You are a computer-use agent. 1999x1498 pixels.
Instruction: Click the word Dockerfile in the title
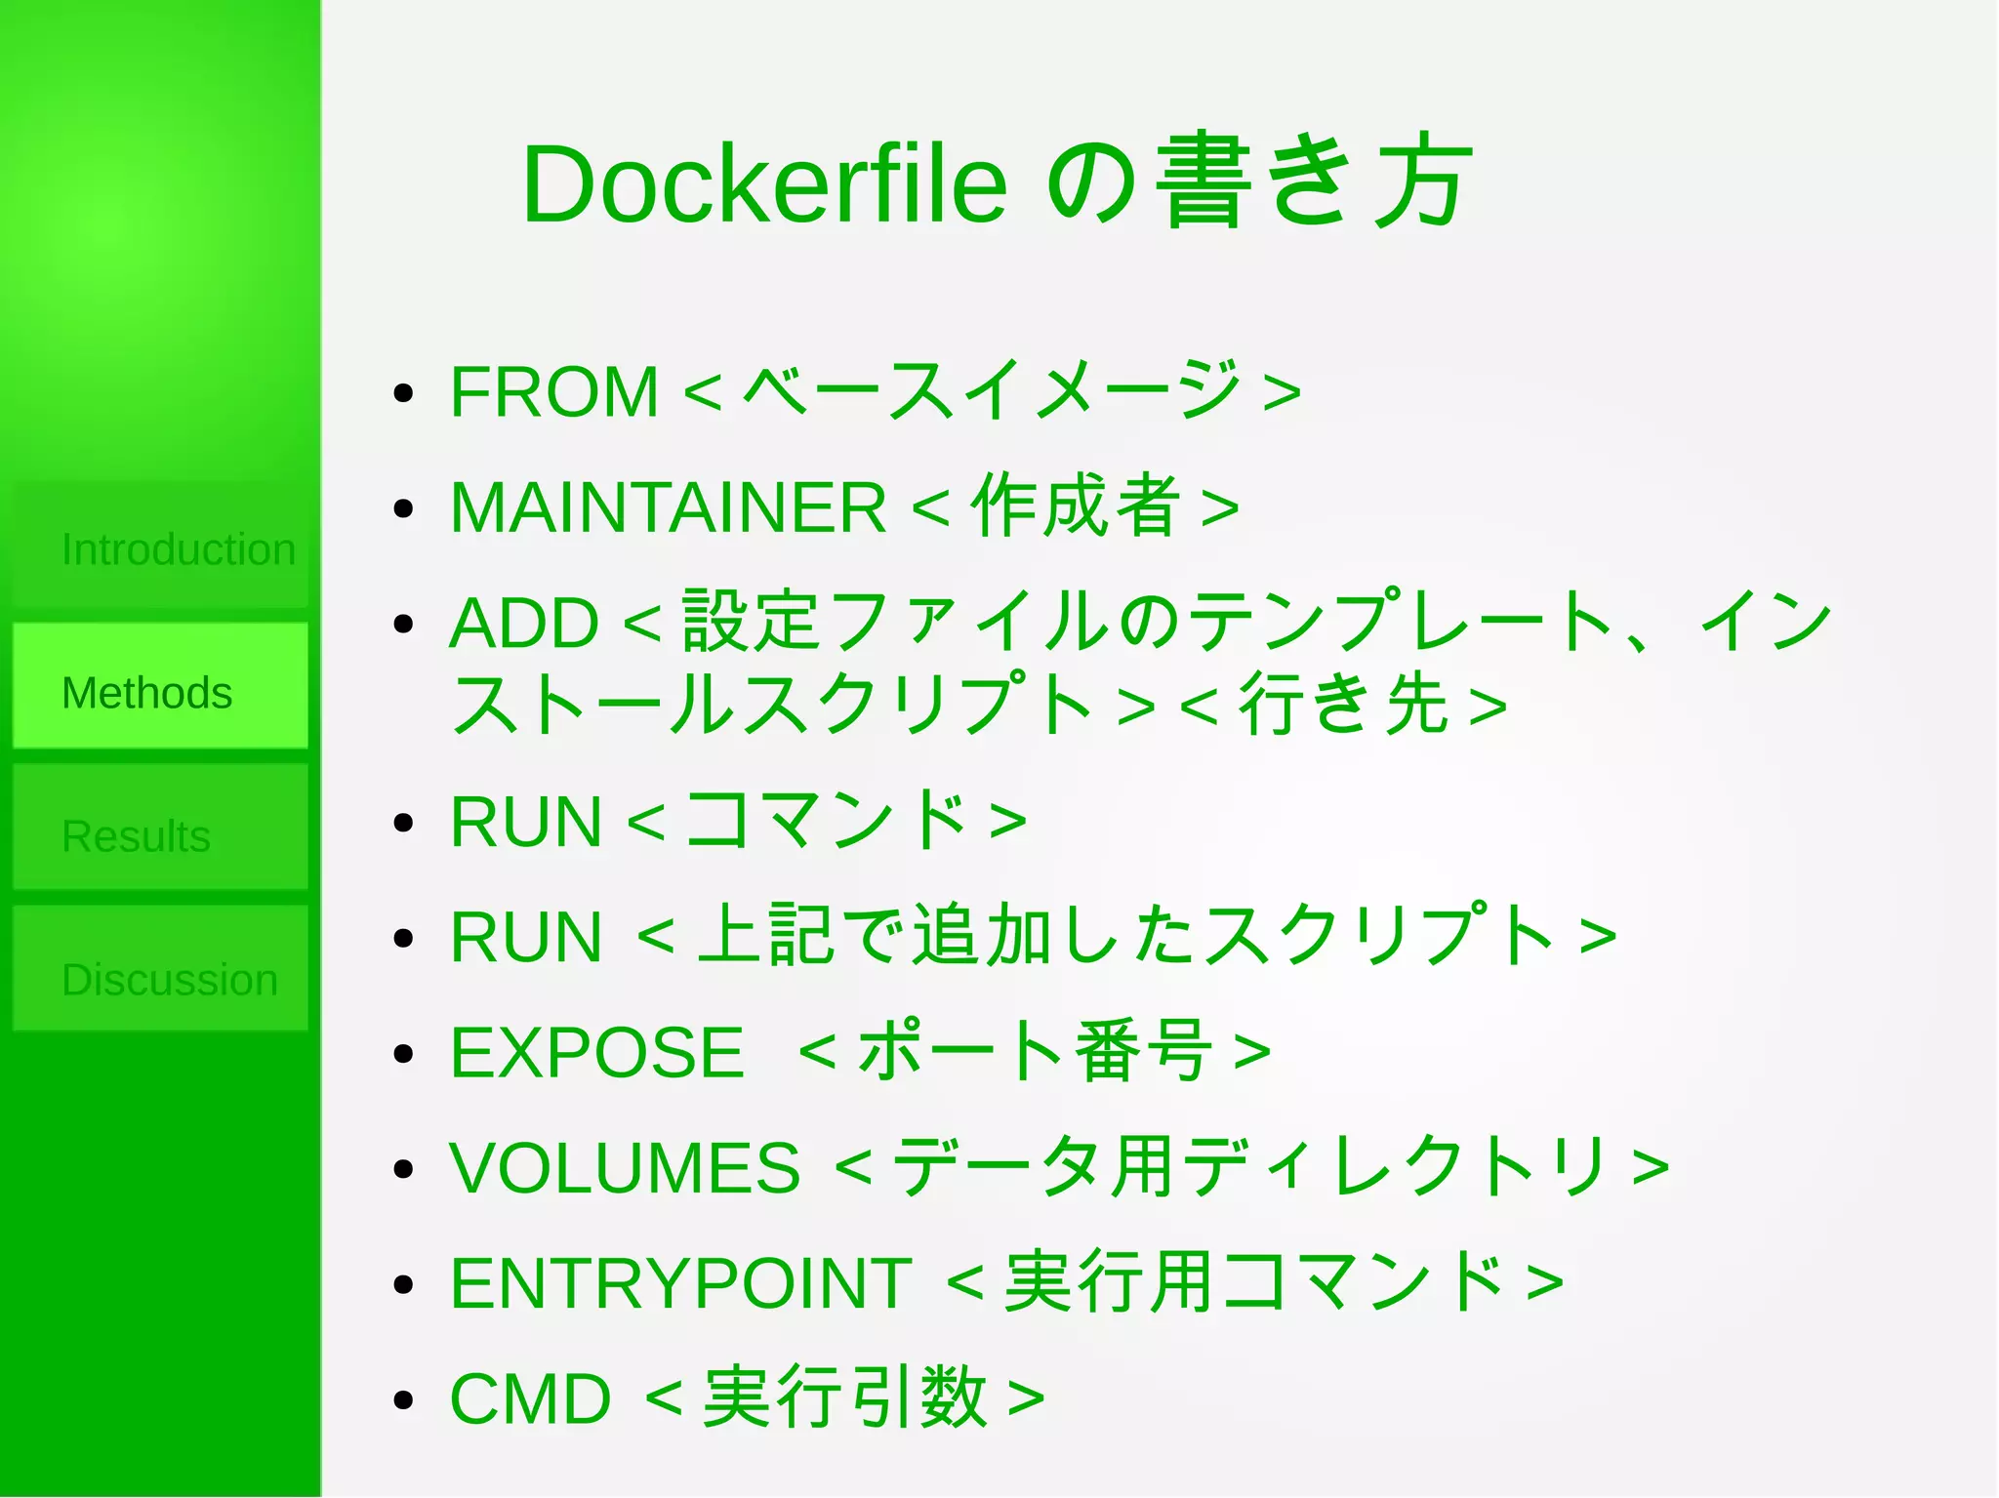(x=764, y=183)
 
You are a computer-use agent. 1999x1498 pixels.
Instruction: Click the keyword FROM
(x=554, y=392)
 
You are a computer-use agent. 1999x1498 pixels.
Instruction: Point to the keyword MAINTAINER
(x=668, y=507)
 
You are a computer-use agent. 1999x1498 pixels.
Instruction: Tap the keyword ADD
(x=524, y=623)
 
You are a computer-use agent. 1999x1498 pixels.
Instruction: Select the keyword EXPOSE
(x=596, y=1053)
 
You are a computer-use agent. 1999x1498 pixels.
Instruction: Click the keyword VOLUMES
(x=625, y=1167)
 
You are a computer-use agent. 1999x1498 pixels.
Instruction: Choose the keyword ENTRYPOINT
(x=681, y=1283)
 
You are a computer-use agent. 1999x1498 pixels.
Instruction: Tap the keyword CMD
(x=530, y=1398)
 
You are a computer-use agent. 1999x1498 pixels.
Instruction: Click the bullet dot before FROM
(x=403, y=393)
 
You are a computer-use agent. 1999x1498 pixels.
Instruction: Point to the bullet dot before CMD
(x=403, y=1399)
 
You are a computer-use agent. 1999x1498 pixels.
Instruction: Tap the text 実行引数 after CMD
(x=845, y=1397)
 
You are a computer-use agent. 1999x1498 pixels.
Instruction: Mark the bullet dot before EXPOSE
(x=403, y=1054)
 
